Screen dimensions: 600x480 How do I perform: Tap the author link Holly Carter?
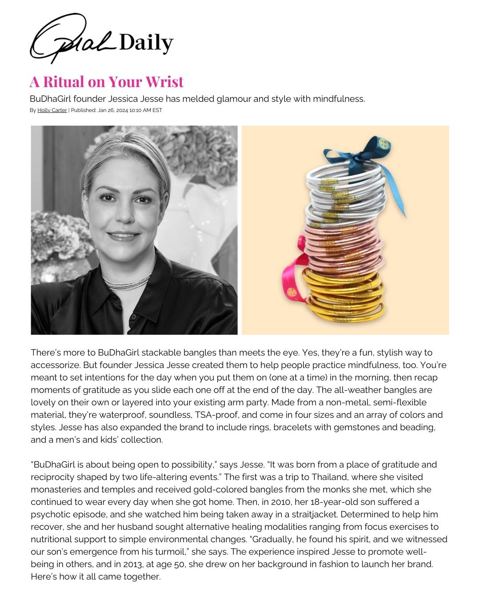tap(52, 110)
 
